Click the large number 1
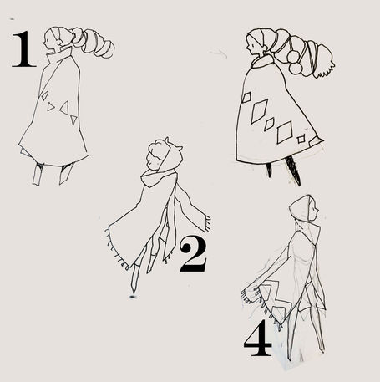(24, 49)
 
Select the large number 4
(257, 338)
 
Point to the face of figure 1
(48, 43)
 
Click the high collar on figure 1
(59, 55)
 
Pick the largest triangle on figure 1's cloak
(64, 108)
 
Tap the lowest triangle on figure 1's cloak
(73, 120)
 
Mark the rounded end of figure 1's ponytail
(108, 50)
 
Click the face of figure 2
(153, 161)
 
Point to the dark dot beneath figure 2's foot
(133, 297)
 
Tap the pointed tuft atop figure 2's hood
(167, 140)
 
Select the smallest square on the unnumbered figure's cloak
(301, 139)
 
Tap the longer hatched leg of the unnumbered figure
(294, 171)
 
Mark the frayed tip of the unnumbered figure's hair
(326, 73)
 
